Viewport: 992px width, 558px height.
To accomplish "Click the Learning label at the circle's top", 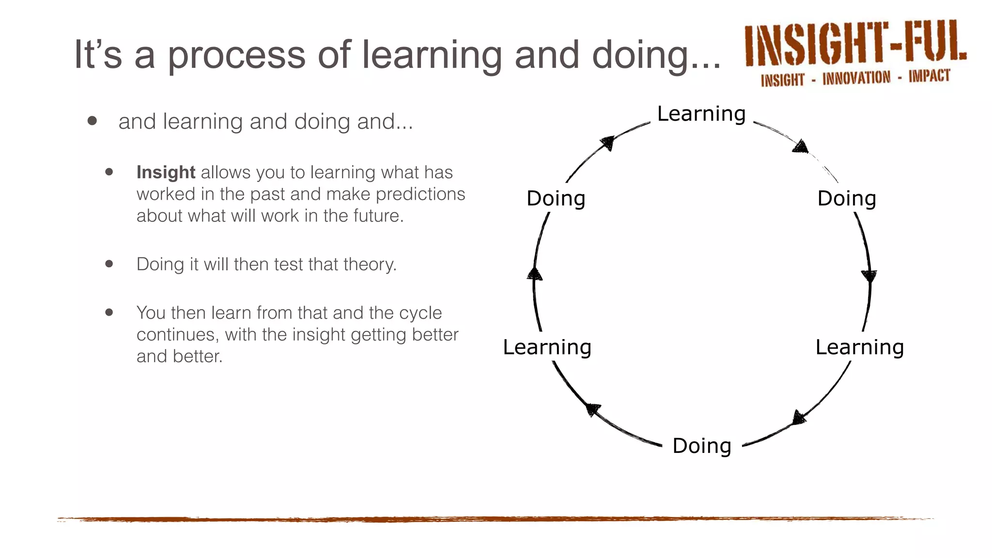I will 701,114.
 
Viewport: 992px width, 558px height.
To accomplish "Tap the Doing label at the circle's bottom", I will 701,446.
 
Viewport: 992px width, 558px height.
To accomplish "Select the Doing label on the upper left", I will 556,199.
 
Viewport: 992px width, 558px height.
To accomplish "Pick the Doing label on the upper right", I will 847,199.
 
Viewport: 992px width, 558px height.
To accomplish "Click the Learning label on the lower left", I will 547,347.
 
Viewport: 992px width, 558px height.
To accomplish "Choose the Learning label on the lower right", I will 859,347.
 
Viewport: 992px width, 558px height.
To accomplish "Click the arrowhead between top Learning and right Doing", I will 801,147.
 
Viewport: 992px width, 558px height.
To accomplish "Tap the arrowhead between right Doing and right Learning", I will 869,276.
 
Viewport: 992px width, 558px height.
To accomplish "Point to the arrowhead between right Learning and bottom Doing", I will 799,417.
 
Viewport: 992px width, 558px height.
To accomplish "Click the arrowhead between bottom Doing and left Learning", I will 593,409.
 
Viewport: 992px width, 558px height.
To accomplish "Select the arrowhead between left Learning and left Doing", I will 535,274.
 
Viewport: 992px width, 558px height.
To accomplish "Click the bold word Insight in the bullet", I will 166,172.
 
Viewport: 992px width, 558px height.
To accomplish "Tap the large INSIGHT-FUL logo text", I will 854,44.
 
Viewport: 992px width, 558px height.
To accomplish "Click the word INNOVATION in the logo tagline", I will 856,78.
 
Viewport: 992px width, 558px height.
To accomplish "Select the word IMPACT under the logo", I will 929,76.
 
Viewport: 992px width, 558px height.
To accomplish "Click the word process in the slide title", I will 236,54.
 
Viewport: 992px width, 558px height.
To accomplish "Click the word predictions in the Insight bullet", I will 420,194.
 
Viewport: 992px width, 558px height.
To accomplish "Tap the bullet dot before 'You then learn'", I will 109,312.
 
